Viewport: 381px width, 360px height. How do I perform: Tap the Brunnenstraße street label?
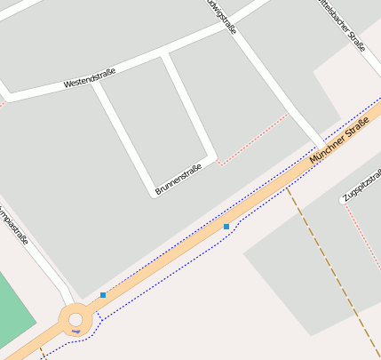pos(179,180)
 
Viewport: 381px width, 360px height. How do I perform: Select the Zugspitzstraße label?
pos(361,183)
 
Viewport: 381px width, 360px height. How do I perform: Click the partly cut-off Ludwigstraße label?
pos(221,17)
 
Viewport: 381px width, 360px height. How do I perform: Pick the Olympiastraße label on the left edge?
pos(13,225)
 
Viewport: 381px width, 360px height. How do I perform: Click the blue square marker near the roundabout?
pos(103,295)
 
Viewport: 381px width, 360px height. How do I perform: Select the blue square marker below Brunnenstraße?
pos(226,227)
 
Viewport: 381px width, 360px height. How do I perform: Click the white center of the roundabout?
pos(75,319)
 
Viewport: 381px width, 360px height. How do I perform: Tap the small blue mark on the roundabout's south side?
pos(76,332)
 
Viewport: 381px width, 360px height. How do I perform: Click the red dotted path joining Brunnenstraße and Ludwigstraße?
pos(253,139)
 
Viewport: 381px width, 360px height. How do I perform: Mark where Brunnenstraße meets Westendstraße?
pos(163,55)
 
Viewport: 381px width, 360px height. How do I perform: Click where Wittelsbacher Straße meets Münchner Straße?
pos(321,144)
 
